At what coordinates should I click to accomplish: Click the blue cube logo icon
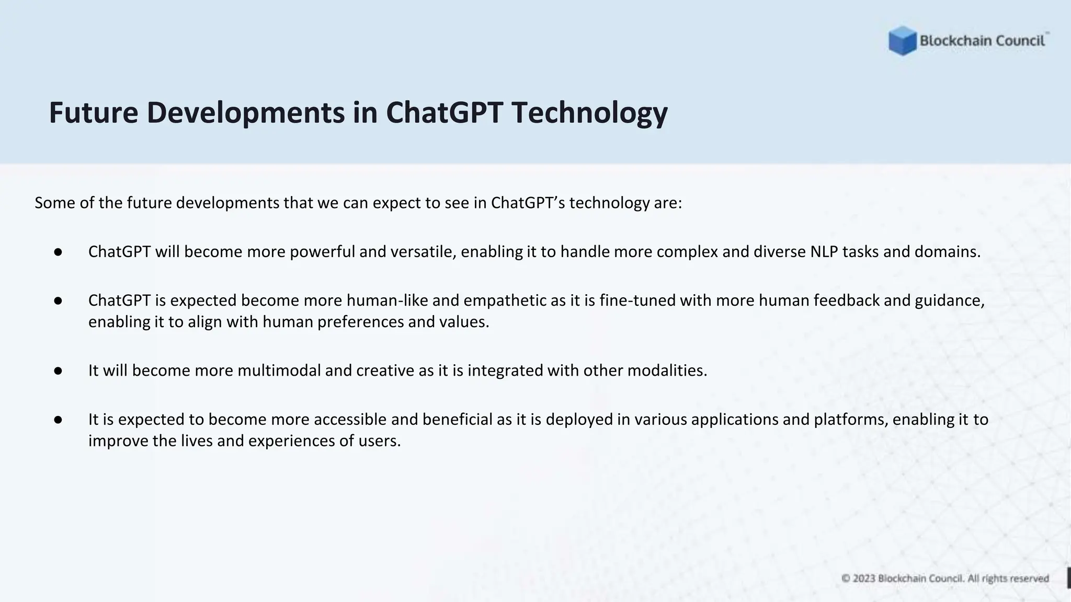[x=902, y=41]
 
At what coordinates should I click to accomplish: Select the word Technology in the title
[x=589, y=113]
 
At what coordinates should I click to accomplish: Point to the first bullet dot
[x=58, y=252]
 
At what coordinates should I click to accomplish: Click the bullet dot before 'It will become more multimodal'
[x=58, y=371]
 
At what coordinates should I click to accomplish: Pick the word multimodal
[x=279, y=371]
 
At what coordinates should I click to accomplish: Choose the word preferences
[x=360, y=322]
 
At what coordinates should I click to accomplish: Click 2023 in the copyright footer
[x=864, y=578]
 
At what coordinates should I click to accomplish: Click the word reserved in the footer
[x=1029, y=578]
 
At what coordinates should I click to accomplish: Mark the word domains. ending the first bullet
[x=947, y=252]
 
